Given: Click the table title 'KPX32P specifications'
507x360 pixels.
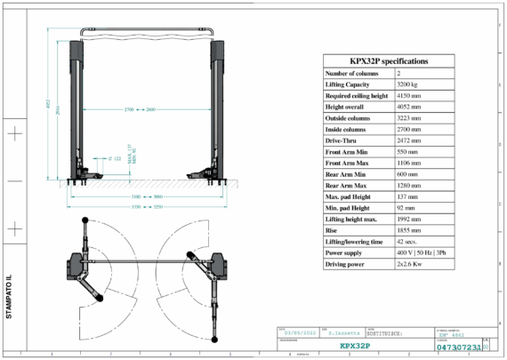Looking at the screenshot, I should [388, 61].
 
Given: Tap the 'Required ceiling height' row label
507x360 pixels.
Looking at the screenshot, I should [357, 95].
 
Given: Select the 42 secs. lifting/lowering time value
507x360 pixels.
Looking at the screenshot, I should [410, 241].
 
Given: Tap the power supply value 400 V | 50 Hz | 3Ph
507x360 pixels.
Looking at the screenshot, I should [422, 252].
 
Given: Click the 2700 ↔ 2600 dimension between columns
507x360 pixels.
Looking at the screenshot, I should [142, 109].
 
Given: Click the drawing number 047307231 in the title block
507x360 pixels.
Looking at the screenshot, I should [459, 347].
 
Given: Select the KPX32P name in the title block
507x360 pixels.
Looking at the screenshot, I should [355, 346].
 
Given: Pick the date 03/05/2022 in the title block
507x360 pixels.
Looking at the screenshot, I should [298, 332].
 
